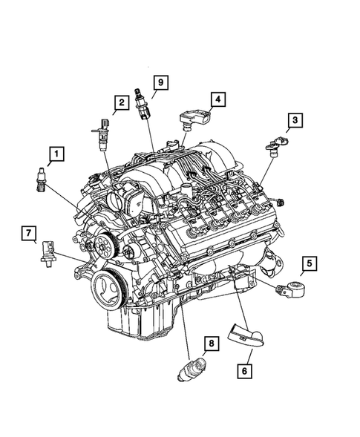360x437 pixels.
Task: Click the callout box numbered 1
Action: coord(55,155)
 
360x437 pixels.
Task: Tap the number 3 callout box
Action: coord(295,119)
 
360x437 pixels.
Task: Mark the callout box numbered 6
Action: coord(244,367)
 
